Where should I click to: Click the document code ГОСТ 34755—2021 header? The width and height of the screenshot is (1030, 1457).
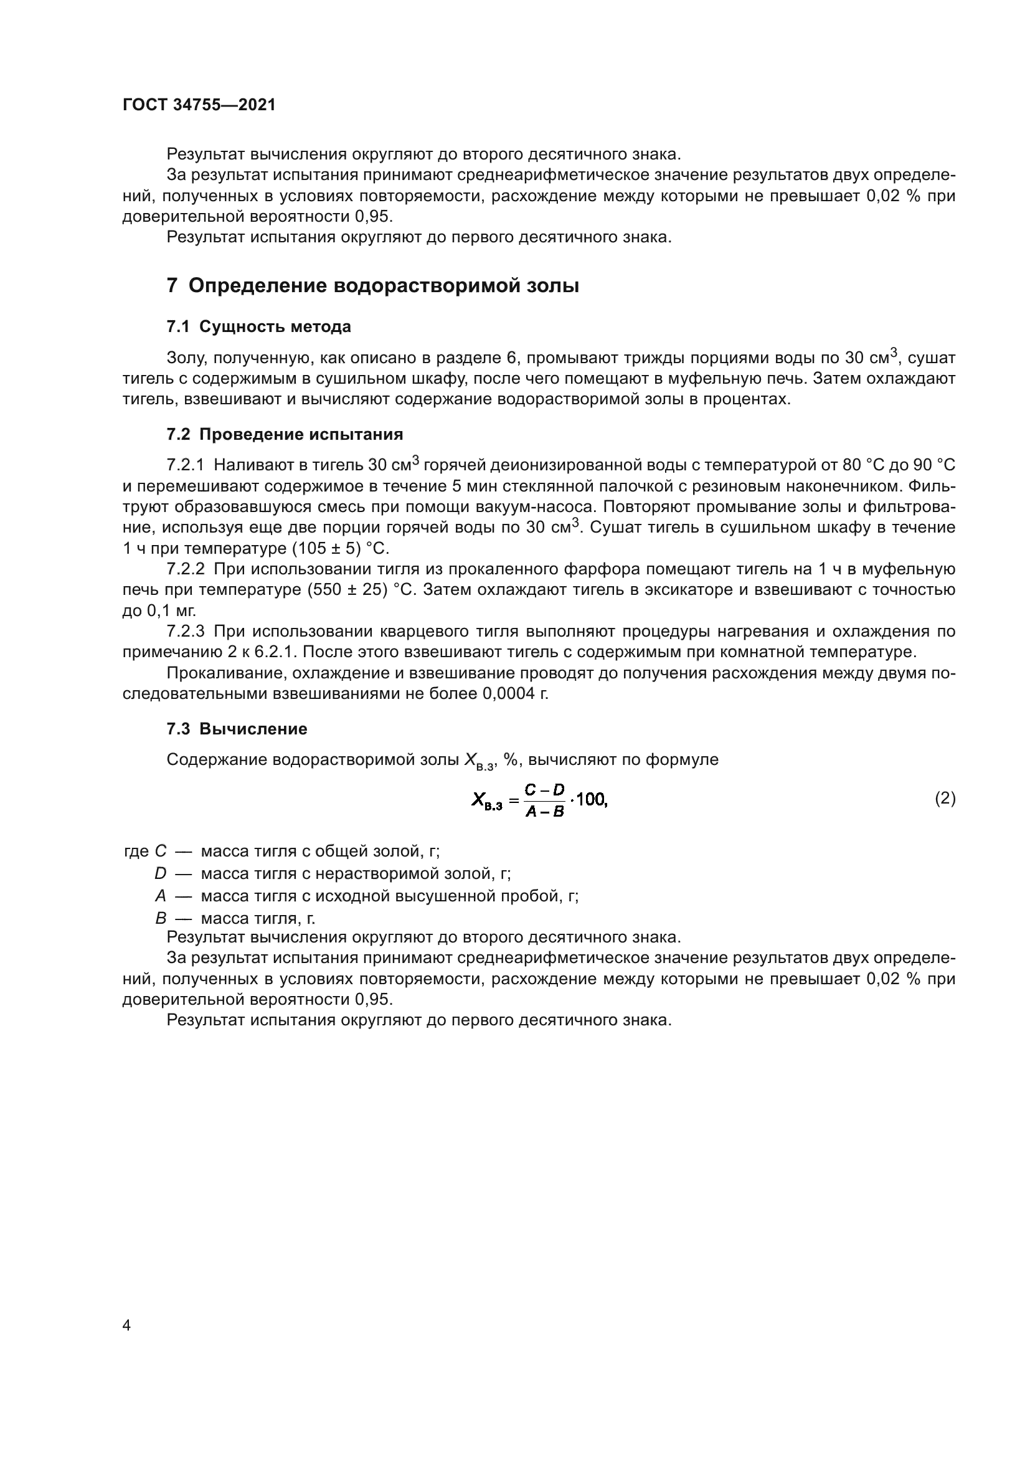[199, 105]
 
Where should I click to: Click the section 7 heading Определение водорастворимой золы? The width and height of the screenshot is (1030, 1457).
[373, 285]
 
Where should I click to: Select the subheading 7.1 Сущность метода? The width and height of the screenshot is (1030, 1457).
[259, 327]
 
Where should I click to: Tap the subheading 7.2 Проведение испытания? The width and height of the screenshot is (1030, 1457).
[285, 435]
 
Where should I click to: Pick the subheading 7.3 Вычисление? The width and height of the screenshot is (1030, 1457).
[237, 729]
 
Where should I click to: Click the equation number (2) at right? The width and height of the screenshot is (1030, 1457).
[945, 799]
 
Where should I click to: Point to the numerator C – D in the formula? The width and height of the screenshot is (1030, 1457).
[545, 790]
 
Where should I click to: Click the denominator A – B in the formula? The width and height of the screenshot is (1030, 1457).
[545, 812]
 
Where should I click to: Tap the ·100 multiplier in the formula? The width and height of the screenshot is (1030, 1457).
[588, 801]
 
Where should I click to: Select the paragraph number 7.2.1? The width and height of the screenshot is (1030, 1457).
[185, 466]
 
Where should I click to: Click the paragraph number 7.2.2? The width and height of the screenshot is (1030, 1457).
[185, 569]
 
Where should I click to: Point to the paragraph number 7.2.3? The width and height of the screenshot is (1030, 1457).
[185, 632]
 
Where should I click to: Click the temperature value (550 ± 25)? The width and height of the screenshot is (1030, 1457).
[347, 590]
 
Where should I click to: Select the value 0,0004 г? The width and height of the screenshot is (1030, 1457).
[515, 693]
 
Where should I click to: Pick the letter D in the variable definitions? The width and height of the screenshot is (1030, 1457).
[160, 874]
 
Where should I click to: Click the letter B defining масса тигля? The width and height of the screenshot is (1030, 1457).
[160, 918]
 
